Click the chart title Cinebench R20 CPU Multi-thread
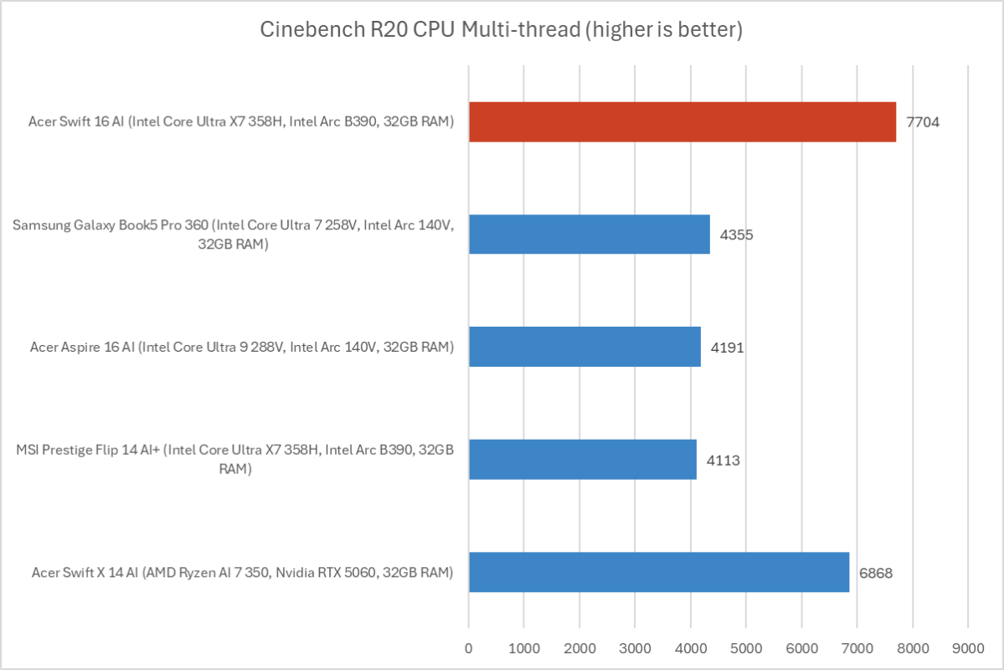pyautogui.click(x=501, y=31)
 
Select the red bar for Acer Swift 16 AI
pyautogui.click(x=682, y=122)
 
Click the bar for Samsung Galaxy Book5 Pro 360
pyautogui.click(x=589, y=234)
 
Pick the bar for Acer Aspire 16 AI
pyautogui.click(x=584, y=347)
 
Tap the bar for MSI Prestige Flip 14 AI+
pyautogui.click(x=582, y=459)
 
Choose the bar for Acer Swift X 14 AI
pyautogui.click(x=658, y=572)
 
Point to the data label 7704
pyautogui.click(x=923, y=122)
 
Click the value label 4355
pyautogui.click(x=737, y=234)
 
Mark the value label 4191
pyautogui.click(x=727, y=347)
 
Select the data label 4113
pyautogui.click(x=723, y=459)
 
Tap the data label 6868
pyautogui.click(x=876, y=572)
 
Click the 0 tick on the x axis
pyautogui.click(x=469, y=647)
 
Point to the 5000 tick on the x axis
pyautogui.click(x=746, y=647)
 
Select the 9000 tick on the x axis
pyautogui.click(x=968, y=647)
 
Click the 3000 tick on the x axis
pyautogui.click(x=635, y=647)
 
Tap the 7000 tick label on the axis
pyautogui.click(x=857, y=647)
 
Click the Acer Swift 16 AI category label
pyautogui.click(x=242, y=122)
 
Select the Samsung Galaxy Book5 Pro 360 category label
pyautogui.click(x=234, y=234)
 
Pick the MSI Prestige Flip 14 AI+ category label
pyautogui.click(x=235, y=459)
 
